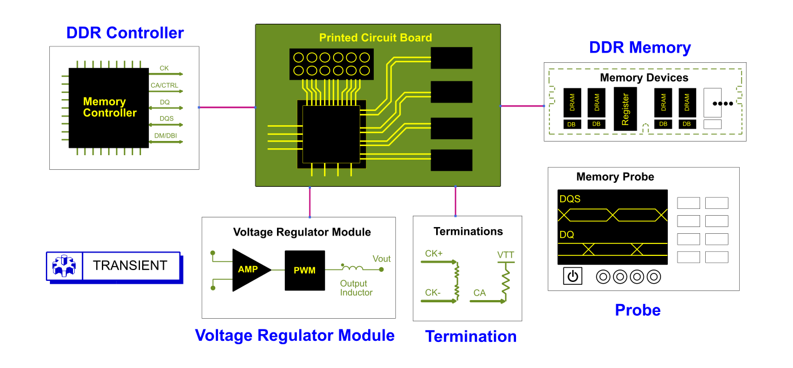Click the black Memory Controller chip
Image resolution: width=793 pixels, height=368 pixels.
(x=109, y=108)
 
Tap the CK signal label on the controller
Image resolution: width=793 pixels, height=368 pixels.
(x=164, y=68)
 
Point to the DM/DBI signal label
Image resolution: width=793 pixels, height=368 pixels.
(x=165, y=135)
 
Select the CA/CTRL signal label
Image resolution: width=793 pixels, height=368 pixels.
(x=164, y=85)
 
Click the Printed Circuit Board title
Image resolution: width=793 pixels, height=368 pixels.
(x=375, y=37)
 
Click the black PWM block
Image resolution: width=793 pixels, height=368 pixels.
(x=305, y=271)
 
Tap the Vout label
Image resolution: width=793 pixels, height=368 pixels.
(x=381, y=259)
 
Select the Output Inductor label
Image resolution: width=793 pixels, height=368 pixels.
(x=356, y=288)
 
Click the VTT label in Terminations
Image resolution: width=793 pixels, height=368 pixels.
(x=505, y=255)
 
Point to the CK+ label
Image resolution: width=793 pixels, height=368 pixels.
(x=434, y=254)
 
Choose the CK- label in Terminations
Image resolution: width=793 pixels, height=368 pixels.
(x=433, y=293)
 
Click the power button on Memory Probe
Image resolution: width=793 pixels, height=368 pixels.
(x=573, y=276)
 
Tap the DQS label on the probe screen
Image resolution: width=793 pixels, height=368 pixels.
(x=570, y=199)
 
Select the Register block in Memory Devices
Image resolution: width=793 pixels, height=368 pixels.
(x=625, y=109)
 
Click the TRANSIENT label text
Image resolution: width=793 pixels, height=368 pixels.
(x=130, y=266)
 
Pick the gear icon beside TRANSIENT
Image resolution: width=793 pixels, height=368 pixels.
(x=64, y=266)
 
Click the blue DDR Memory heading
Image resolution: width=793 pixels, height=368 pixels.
(x=639, y=48)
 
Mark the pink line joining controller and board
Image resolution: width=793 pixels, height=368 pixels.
(x=227, y=107)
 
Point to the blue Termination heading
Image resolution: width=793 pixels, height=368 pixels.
(x=471, y=336)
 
